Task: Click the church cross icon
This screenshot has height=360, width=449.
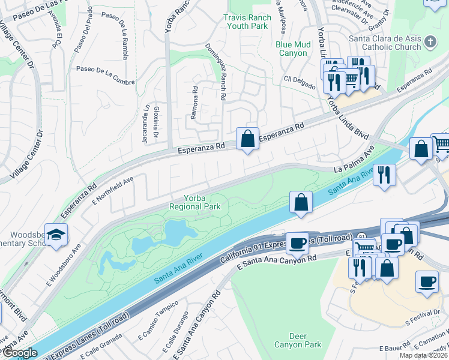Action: tap(430, 41)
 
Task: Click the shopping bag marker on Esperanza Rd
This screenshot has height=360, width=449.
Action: tap(247, 139)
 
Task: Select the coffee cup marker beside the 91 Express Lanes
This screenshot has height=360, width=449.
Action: tap(297, 243)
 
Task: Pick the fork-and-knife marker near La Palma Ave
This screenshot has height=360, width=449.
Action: tap(384, 175)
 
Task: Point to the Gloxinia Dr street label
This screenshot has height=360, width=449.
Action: tap(155, 122)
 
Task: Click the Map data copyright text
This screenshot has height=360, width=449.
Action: tap(424, 355)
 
